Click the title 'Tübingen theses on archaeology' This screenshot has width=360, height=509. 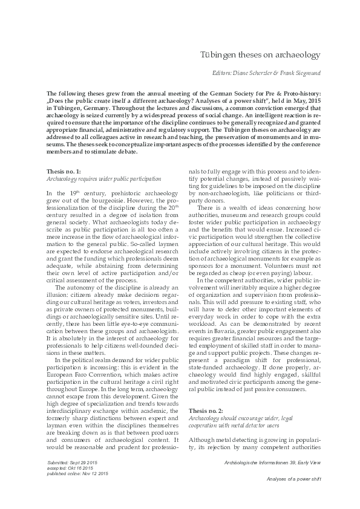pyautogui.click(x=260, y=55)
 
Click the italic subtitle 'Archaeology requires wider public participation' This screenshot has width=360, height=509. pyautogui.click(x=103, y=180)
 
